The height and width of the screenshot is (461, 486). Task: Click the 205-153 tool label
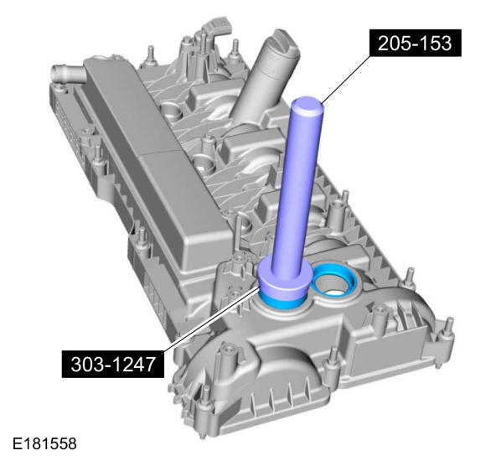point(416,43)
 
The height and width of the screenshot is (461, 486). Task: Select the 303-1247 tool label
point(113,364)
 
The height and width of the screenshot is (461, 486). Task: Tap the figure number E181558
point(44,444)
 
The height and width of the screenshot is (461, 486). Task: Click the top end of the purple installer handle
point(308,106)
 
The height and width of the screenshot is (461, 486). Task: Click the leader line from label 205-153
point(345,80)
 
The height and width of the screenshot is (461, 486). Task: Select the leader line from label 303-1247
point(212,319)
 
